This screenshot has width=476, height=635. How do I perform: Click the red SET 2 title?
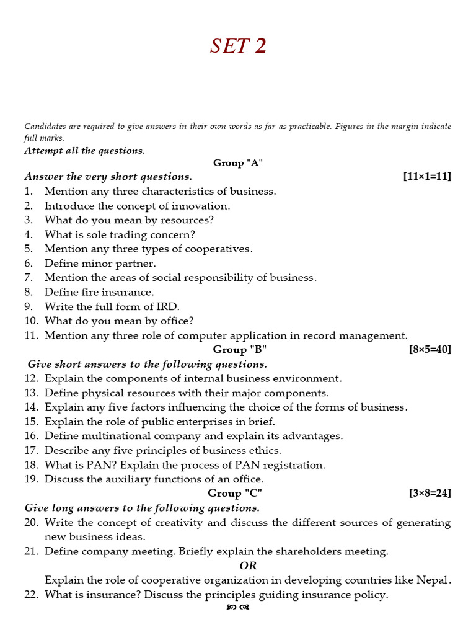(238, 46)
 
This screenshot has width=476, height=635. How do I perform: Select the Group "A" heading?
(238, 162)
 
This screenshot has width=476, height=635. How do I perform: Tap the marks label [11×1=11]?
(426, 177)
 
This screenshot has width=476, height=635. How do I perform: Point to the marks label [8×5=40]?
(430, 349)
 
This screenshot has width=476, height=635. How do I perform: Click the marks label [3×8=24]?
(430, 493)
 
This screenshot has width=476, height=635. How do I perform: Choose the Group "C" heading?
(235, 493)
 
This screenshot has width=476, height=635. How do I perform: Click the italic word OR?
(248, 566)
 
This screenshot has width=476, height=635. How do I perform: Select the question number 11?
(32, 335)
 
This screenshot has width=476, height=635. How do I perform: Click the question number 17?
(32, 450)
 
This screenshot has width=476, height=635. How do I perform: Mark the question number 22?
(32, 595)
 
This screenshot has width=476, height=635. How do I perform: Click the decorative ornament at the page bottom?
(238, 608)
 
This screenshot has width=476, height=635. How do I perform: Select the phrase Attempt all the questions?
(84, 151)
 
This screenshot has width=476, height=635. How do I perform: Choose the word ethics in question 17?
(266, 450)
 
